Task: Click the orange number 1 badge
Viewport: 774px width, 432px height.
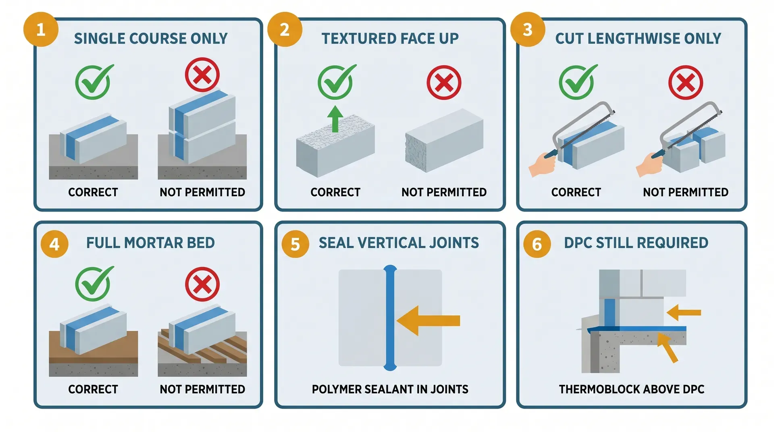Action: click(x=41, y=29)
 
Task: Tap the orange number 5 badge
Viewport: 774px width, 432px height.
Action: click(x=295, y=244)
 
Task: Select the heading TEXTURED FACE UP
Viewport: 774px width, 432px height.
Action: click(x=390, y=39)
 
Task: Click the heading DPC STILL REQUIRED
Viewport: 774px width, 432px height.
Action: click(x=636, y=243)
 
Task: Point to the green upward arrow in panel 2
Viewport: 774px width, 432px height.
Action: click(x=335, y=118)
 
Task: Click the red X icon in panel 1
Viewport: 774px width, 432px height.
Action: click(x=202, y=75)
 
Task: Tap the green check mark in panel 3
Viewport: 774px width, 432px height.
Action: click(x=577, y=82)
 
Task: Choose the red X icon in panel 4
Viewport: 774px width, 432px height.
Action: click(x=202, y=284)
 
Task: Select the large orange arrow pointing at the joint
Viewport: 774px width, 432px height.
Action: click(x=429, y=321)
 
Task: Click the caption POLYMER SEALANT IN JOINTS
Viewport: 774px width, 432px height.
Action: click(x=390, y=389)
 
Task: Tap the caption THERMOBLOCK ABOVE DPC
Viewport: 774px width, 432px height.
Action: click(x=631, y=389)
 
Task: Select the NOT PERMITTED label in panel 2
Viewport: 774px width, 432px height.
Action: click(x=444, y=192)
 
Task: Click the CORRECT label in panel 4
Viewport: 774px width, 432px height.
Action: click(x=93, y=389)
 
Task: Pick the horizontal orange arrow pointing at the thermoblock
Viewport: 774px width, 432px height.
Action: click(x=684, y=312)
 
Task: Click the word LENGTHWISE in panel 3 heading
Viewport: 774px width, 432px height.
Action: click(x=635, y=39)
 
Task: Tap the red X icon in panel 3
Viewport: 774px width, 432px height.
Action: click(x=685, y=83)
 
